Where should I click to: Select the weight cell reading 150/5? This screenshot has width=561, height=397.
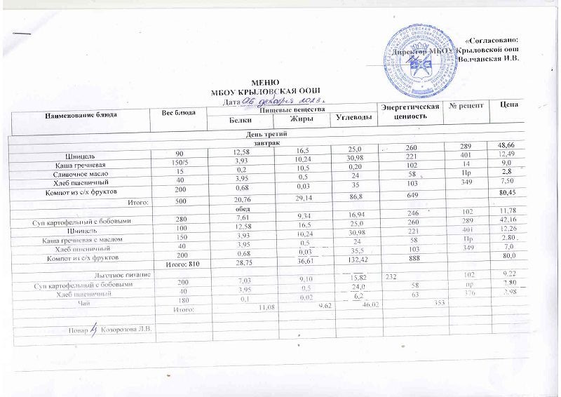coord(180,163)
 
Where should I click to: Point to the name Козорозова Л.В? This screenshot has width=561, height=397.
coord(127,329)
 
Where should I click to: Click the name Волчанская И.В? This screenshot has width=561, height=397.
coord(489,58)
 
